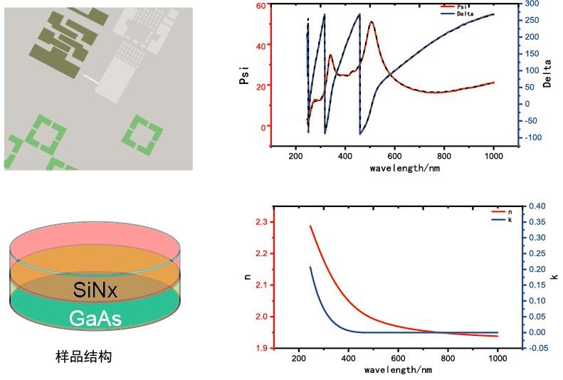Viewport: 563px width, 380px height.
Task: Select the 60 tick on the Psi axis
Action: (261, 5)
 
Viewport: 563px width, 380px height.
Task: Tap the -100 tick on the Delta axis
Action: (533, 137)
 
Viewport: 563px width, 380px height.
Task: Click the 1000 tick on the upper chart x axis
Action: (493, 156)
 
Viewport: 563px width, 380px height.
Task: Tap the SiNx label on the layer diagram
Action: (95, 290)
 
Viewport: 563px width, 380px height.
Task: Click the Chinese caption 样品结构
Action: (83, 357)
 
